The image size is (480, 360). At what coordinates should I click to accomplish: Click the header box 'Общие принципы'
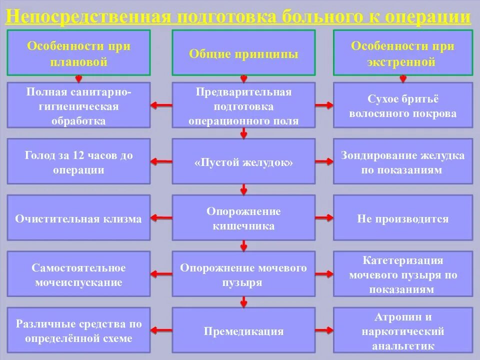click(x=243, y=52)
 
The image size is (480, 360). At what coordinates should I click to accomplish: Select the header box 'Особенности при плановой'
click(x=78, y=52)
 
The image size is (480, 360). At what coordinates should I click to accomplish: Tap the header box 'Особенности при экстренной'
click(x=403, y=52)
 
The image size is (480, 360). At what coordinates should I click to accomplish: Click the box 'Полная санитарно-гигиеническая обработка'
click(x=78, y=105)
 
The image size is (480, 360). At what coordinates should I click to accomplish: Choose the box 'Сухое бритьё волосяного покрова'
click(x=403, y=105)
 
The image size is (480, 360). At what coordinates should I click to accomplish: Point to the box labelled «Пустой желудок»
click(x=243, y=161)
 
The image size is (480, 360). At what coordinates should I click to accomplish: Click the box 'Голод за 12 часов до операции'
click(x=78, y=161)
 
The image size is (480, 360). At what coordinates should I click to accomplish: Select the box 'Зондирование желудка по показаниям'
click(x=403, y=161)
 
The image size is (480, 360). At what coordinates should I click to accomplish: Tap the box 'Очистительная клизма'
click(x=78, y=218)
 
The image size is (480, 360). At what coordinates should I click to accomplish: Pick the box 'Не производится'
click(x=403, y=218)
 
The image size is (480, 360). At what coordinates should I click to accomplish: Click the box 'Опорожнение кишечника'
click(x=243, y=218)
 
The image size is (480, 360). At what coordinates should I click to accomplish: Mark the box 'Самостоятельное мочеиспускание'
click(x=78, y=274)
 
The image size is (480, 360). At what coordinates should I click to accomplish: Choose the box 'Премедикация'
click(x=243, y=331)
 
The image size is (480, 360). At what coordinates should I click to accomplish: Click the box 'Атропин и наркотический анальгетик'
click(x=403, y=331)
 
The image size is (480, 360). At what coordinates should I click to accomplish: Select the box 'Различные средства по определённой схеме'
click(x=78, y=331)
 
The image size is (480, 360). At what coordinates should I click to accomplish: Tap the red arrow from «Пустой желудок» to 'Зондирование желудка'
click(x=324, y=161)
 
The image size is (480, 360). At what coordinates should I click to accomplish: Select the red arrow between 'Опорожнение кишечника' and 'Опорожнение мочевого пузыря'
click(x=244, y=245)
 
